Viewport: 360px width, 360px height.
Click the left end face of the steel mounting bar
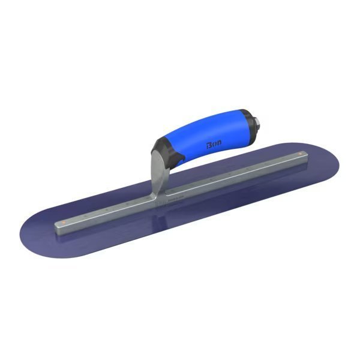click(x=58, y=227)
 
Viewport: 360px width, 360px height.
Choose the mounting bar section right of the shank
click(x=234, y=176)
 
